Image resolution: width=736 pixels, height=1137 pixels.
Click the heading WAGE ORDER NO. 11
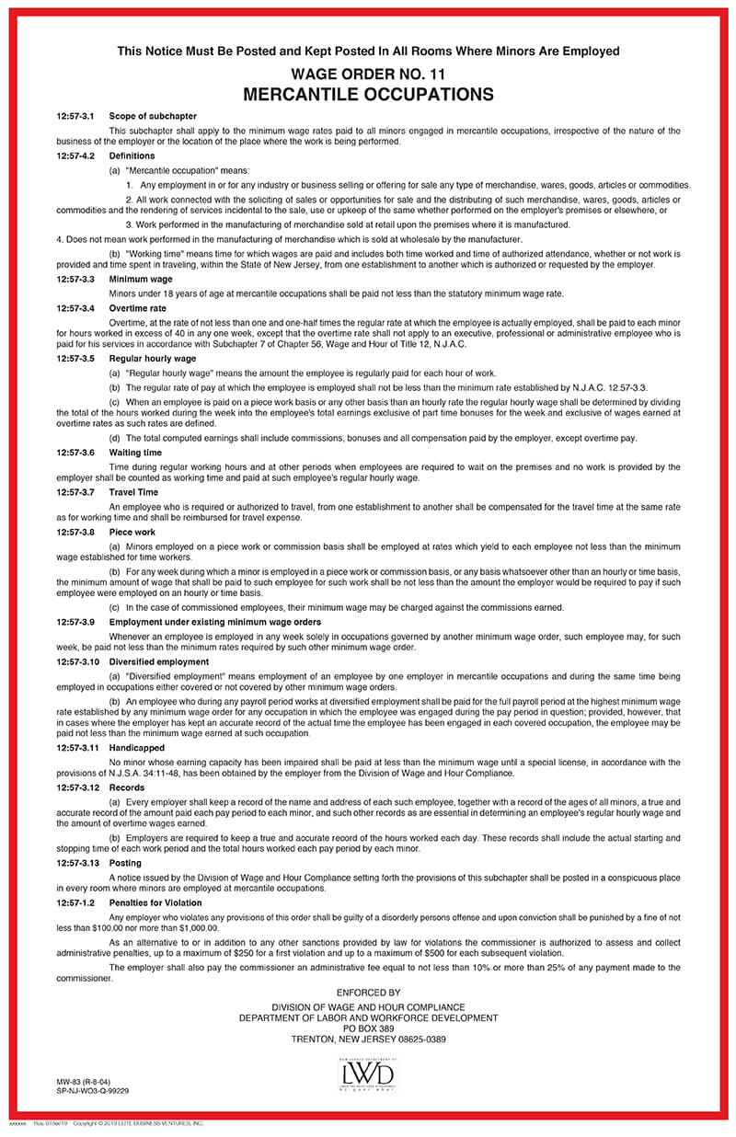click(368, 73)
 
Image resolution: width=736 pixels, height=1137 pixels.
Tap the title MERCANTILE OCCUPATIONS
click(368, 94)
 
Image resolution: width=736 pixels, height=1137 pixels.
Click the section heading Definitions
click(132, 156)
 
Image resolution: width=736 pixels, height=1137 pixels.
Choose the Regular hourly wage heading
click(152, 358)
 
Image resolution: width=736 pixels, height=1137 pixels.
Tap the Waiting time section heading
click(134, 453)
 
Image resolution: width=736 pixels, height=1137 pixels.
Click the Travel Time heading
click(132, 492)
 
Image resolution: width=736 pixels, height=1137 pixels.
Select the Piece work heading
click(132, 532)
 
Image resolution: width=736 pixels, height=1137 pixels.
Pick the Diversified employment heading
click(158, 661)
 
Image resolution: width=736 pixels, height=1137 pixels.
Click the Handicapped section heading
click(137, 748)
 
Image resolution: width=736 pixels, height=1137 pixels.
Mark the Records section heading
click(127, 787)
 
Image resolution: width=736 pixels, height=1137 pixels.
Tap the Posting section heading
click(126, 864)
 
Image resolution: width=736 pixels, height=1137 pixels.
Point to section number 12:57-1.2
click(75, 903)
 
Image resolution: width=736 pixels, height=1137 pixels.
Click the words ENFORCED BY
click(368, 993)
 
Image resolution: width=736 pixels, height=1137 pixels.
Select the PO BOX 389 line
click(368, 1028)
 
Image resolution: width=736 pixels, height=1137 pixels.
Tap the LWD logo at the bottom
click(368, 1074)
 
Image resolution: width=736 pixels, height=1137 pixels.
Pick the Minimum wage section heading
click(140, 279)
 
